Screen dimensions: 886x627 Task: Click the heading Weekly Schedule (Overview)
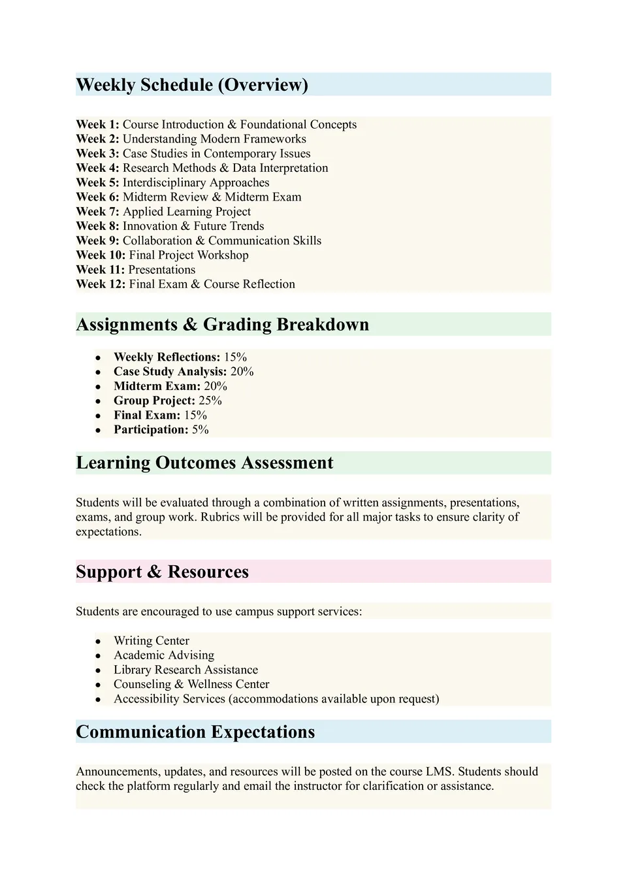(192, 85)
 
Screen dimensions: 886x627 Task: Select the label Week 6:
(97, 197)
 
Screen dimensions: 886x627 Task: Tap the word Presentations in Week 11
(161, 270)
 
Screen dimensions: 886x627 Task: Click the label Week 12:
(101, 284)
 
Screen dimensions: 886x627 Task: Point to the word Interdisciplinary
(164, 183)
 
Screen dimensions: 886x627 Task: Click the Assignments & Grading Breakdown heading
(223, 325)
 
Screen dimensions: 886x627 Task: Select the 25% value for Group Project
(210, 401)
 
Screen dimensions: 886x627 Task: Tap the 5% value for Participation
(201, 430)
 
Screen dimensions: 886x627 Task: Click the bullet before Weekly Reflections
(98, 358)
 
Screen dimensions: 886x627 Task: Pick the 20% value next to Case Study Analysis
(242, 372)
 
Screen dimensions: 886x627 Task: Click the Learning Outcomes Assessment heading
(204, 463)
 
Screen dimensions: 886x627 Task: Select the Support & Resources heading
(162, 572)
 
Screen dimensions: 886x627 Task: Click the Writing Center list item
(152, 641)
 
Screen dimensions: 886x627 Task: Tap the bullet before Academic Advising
(98, 656)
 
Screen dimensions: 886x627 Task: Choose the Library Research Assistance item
(185, 670)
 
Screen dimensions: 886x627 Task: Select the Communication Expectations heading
(195, 732)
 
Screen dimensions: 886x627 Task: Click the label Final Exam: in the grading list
(147, 416)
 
